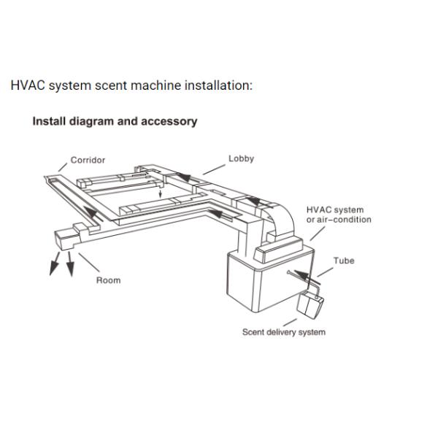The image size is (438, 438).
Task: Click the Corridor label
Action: click(x=88, y=160)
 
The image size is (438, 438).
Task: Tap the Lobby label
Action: click(x=242, y=158)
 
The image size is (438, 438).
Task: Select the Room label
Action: click(x=108, y=280)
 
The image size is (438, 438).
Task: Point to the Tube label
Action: click(x=344, y=261)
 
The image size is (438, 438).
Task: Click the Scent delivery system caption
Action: click(x=284, y=332)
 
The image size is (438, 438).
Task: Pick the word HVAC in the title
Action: click(x=28, y=85)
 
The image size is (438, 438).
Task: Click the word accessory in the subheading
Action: click(x=169, y=121)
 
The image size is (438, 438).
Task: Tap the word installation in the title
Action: click(x=218, y=85)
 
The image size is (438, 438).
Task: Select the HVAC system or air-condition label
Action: click(x=339, y=215)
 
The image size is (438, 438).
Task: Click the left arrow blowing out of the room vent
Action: click(x=55, y=264)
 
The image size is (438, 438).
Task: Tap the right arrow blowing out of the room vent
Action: click(x=70, y=264)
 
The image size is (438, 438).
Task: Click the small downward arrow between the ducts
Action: click(x=160, y=193)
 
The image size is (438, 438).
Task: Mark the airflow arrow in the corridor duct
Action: click(x=93, y=214)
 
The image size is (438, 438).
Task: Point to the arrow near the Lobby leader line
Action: click(x=185, y=177)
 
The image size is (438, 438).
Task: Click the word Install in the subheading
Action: click(x=49, y=121)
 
